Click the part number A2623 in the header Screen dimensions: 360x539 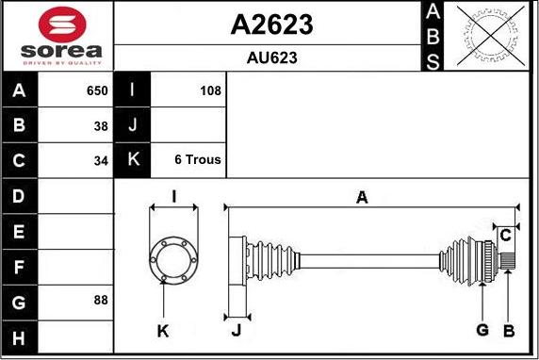coord(271,25)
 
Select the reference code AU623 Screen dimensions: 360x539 coord(271,57)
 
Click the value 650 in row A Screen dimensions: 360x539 coord(97,91)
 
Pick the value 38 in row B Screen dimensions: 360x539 coord(101,125)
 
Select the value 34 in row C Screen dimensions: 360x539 coord(101,160)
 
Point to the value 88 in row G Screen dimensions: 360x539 coord(101,301)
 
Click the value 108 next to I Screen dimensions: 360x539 coord(210,91)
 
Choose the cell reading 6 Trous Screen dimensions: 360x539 coord(198,160)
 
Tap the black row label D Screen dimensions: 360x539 coord(20,196)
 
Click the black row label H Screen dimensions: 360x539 coord(20,336)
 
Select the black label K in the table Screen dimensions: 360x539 coord(132,160)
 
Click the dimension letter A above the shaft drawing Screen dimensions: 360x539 coord(361,198)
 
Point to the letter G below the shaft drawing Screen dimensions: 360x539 coord(482,330)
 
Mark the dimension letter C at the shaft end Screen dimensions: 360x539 coord(506,235)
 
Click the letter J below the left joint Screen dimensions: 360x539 coord(237,330)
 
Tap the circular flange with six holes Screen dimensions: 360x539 coord(173,256)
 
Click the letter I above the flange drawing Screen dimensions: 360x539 coord(174,197)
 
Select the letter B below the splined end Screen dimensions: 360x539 coord(508,330)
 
